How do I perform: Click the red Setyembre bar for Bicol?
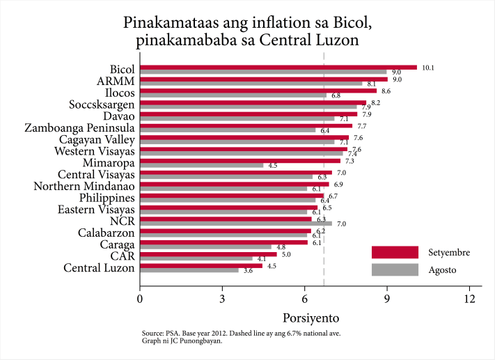278,68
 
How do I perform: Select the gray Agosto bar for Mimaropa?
202,166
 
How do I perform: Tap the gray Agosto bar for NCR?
236,224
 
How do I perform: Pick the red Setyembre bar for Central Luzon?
202,265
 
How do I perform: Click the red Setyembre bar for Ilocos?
258,91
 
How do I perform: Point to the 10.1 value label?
429,68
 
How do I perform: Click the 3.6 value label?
249,270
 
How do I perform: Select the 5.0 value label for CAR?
286,254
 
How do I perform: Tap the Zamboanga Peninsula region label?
79,128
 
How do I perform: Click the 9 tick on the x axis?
387,299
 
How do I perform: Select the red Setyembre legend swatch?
395,252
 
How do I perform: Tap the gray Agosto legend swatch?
395,269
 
